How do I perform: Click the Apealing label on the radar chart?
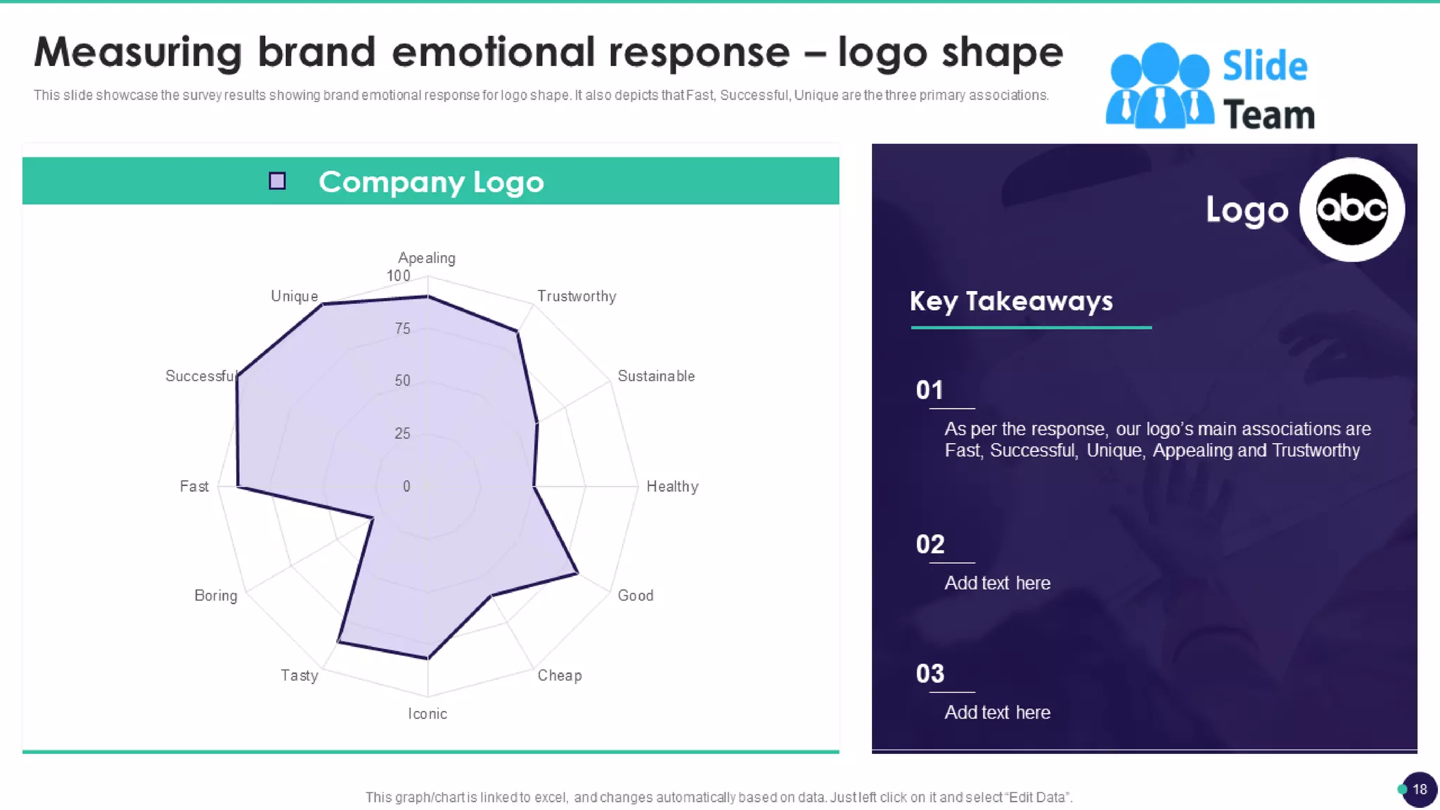(426, 258)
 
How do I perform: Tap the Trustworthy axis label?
(577, 296)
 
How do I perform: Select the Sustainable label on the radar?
(655, 376)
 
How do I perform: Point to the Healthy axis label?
(672, 487)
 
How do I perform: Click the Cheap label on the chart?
(560, 676)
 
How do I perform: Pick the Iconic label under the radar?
(427, 714)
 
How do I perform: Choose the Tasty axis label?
(300, 676)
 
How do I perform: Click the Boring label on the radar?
(216, 596)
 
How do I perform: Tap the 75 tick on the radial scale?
(402, 328)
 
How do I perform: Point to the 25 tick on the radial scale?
(402, 433)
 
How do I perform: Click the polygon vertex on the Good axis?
(578, 574)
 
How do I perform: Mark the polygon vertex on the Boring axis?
(372, 519)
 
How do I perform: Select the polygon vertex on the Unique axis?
(322, 304)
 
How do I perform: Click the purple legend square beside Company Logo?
(278, 181)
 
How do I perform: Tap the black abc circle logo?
(1351, 210)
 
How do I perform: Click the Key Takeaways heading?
(1011, 301)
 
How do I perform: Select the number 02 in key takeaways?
(930, 544)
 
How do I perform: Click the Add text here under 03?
(997, 712)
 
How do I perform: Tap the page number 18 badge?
(1419, 789)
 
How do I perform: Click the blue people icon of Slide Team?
(1159, 86)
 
